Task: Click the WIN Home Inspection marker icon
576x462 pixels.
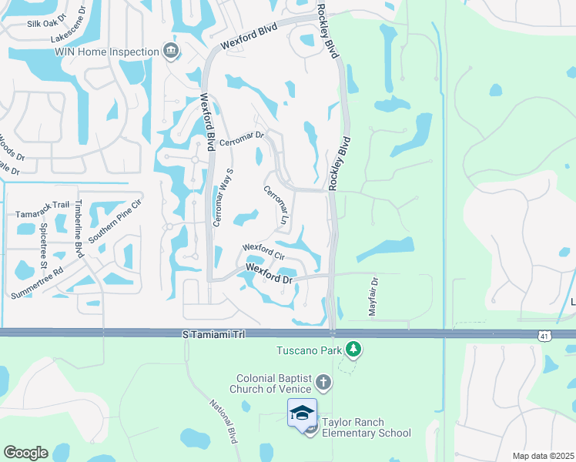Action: (171, 52)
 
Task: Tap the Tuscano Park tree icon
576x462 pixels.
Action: (353, 350)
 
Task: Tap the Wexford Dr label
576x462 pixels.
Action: (270, 273)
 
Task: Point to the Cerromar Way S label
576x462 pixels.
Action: (221, 196)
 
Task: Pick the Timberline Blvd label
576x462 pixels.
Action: (79, 223)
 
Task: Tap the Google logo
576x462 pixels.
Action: (25, 453)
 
